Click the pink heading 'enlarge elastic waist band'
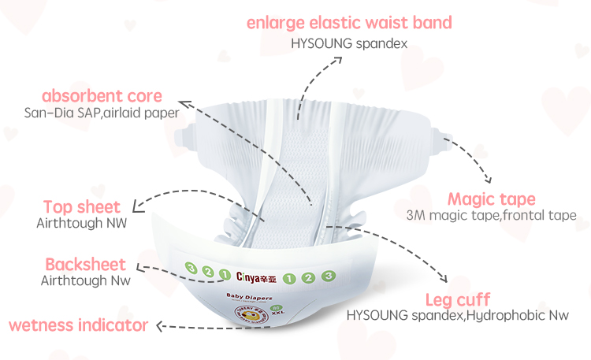coord(349,22)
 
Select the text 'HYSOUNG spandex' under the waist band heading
coord(349,43)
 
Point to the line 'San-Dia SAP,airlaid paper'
coord(101,113)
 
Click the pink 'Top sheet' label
coord(82,207)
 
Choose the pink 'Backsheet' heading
coord(82,263)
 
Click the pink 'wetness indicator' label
coord(78,325)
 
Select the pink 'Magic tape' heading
coord(491,199)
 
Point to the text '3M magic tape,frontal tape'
coord(491,215)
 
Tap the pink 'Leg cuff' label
coord(457,299)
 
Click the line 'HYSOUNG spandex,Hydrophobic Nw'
coord(457,315)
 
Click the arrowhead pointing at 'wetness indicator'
coord(161,325)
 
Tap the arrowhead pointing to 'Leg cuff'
coord(444,280)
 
